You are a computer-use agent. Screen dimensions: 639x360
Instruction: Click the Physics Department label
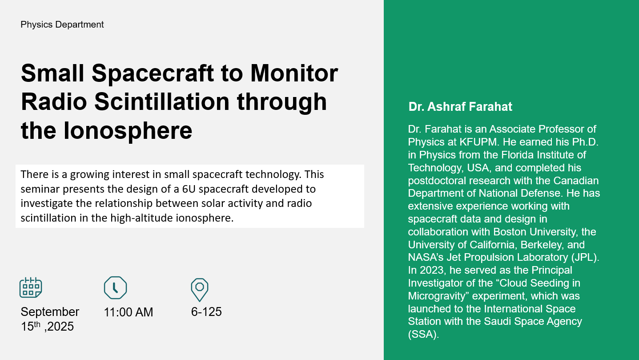coord(62,24)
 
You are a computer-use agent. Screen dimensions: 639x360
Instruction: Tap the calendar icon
coord(31,287)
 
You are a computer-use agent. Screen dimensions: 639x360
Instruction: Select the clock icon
coord(115,287)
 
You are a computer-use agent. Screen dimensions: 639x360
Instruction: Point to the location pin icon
coord(199,290)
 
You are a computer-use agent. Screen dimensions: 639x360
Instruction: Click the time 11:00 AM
coord(129,312)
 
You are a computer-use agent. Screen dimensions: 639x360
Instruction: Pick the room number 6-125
coord(206,312)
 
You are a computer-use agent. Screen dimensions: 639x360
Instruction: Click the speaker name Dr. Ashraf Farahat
coord(460,107)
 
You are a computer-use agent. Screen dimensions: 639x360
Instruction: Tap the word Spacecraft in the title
coord(153,74)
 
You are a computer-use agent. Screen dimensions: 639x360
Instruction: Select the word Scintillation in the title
coord(162,102)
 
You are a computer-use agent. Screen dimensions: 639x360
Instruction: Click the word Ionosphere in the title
coord(128,131)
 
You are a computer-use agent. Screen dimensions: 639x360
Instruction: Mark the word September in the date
coord(50,312)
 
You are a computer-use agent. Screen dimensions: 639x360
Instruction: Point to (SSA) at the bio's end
coord(423,334)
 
